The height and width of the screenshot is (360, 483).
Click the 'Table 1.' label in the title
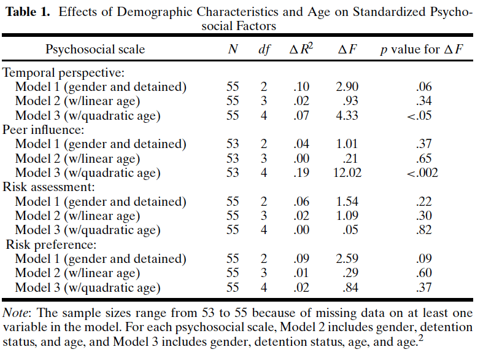(x=28, y=12)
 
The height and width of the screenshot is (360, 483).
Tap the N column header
(x=233, y=50)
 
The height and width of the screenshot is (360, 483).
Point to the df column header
(x=264, y=50)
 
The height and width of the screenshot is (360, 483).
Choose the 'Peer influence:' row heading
(x=44, y=130)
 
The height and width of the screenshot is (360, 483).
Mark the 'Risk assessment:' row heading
(x=48, y=187)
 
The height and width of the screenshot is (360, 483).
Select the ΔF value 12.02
(x=349, y=173)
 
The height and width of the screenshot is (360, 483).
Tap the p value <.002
(x=422, y=173)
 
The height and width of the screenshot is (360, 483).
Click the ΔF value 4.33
(x=349, y=115)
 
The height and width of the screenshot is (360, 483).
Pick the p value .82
(x=423, y=230)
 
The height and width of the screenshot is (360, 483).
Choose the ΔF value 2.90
(x=349, y=87)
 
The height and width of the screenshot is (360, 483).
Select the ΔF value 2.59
(x=349, y=259)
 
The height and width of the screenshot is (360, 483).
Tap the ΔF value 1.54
(x=349, y=202)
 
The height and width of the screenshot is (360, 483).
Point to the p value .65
(x=423, y=158)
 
